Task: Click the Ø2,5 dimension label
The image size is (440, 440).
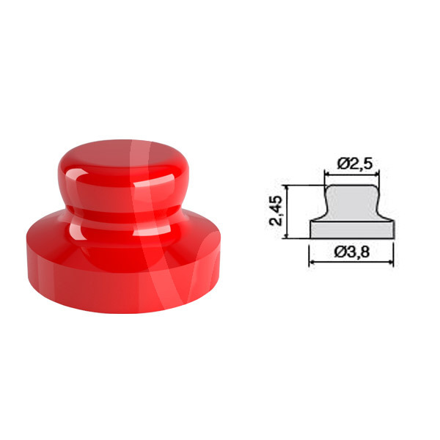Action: (x=354, y=164)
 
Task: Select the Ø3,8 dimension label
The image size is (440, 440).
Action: (x=352, y=252)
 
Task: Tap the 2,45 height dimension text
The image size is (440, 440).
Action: (x=275, y=210)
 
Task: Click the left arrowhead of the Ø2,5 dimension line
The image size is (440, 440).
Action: (x=327, y=175)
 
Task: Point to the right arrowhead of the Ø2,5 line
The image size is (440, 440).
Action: (x=377, y=175)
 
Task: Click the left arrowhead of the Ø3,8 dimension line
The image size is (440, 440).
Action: (x=312, y=262)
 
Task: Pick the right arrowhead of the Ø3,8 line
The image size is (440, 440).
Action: (x=391, y=262)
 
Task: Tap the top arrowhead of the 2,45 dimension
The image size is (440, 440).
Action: (x=287, y=188)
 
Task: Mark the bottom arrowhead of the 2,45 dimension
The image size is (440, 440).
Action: (x=287, y=235)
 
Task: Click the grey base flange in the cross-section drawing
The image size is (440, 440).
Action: (x=352, y=230)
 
